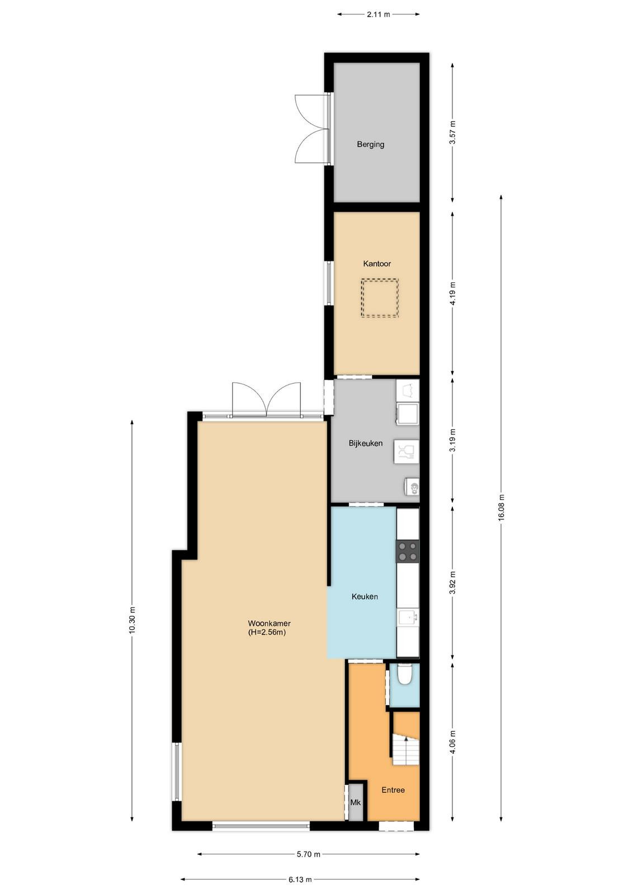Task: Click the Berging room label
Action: click(370, 144)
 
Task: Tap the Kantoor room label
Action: click(376, 263)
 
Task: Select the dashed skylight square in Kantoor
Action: click(380, 298)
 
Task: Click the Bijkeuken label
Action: click(365, 443)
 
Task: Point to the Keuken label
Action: click(365, 597)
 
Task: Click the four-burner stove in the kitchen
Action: click(407, 551)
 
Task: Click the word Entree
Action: click(393, 790)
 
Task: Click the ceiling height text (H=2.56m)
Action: click(267, 632)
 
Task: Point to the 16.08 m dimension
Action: click(502, 507)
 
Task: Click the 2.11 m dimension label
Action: click(378, 15)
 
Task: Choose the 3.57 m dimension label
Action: click(452, 132)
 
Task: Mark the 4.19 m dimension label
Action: click(452, 293)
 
